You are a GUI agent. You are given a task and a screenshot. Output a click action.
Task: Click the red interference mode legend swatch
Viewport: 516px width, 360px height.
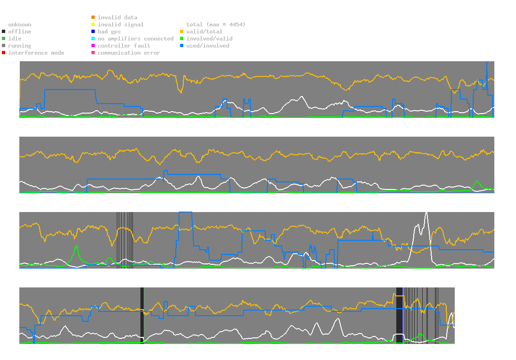click(x=4, y=53)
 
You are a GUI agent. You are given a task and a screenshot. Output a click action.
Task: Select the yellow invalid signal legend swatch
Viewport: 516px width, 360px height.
click(x=93, y=25)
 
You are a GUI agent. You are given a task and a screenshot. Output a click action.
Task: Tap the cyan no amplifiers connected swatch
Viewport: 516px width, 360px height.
click(x=93, y=39)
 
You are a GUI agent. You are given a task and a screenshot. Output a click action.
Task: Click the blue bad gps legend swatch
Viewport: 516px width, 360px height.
click(x=93, y=32)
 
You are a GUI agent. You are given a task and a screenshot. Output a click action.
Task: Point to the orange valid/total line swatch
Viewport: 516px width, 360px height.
click(x=182, y=32)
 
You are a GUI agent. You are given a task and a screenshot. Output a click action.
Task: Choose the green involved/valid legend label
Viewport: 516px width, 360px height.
click(x=209, y=39)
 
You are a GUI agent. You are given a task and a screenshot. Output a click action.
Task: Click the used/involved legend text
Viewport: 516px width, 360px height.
click(x=207, y=46)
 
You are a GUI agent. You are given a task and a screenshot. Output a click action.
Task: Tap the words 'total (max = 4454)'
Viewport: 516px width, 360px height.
click(x=216, y=25)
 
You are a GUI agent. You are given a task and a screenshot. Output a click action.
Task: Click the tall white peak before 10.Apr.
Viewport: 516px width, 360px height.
click(x=426, y=213)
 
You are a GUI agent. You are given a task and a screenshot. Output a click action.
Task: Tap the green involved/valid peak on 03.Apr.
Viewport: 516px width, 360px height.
click(x=476, y=181)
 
